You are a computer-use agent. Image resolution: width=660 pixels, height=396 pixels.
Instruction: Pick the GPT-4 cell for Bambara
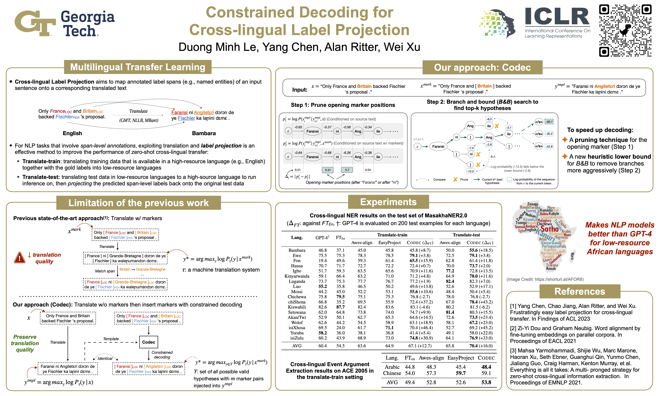[322, 250]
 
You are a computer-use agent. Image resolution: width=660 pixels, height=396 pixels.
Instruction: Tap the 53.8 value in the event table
[486, 382]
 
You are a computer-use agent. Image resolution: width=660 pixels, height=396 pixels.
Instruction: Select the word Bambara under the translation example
[204, 133]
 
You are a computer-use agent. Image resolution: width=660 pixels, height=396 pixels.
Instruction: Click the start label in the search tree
[418, 139]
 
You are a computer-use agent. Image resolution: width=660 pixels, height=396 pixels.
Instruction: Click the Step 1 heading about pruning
[343, 105]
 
